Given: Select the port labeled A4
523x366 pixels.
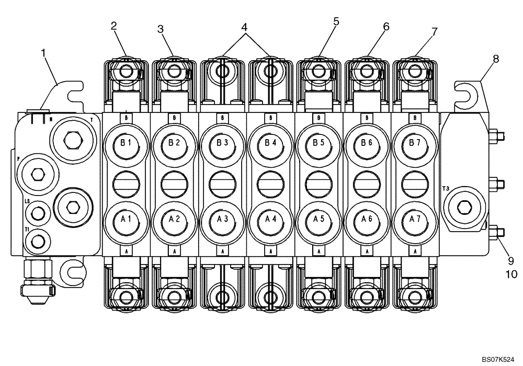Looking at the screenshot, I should point(270,220).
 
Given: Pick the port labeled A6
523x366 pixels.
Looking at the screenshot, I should point(367,220).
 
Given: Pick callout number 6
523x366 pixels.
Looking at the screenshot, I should point(386,26).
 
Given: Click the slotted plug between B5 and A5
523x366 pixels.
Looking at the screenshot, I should point(319,182).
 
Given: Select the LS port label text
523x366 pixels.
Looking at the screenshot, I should point(27,200).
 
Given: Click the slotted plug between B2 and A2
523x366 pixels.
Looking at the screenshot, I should point(174,182).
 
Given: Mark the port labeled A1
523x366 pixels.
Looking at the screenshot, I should point(126,220).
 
